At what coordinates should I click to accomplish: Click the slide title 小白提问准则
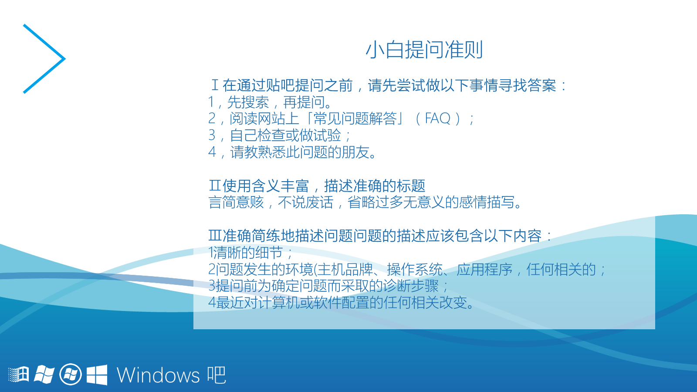424,50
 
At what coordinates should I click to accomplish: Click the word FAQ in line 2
437,118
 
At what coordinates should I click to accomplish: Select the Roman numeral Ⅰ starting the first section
215,85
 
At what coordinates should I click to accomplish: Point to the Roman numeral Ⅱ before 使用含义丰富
215,186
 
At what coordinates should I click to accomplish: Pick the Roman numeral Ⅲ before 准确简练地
215,236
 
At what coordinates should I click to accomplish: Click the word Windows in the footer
158,375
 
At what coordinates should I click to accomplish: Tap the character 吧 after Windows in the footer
217,375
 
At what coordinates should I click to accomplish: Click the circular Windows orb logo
71,374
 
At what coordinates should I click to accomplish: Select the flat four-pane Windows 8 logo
97,375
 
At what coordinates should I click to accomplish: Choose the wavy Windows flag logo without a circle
44,375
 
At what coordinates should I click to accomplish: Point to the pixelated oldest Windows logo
18,374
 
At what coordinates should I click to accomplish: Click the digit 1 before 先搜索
211,102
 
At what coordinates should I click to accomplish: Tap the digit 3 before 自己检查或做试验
212,135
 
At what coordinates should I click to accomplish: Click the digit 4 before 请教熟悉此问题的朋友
212,152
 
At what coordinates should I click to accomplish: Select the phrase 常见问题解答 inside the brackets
355,118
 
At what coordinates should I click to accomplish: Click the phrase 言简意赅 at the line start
236,202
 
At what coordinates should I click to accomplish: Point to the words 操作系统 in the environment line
414,270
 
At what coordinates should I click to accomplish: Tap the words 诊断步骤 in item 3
411,286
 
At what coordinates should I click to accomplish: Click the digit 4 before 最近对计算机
212,302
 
